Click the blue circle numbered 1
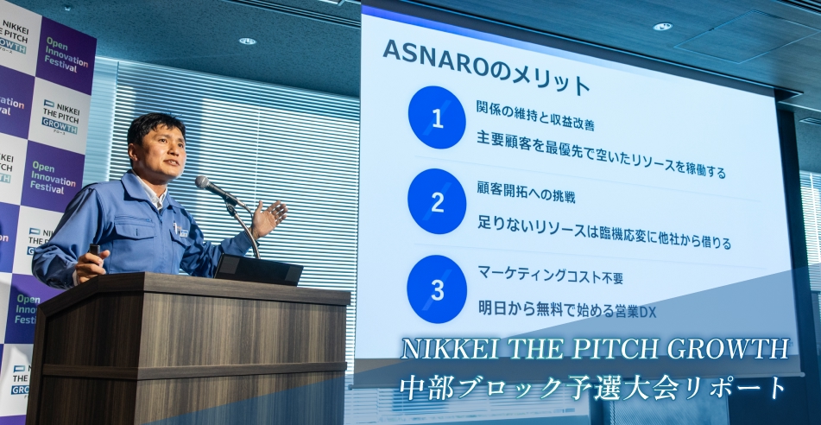coord(437,118)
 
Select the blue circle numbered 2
coord(437,202)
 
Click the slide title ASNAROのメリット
coord(486,67)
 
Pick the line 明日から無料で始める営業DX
coord(566,309)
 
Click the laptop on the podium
coord(258,270)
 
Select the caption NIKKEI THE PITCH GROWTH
coord(595,350)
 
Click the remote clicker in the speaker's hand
coord(94,251)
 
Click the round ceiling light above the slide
coord(662,27)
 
